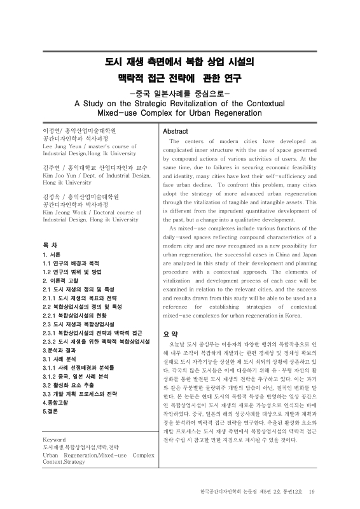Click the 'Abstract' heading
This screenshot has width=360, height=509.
point(176,131)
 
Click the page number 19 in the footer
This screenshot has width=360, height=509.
point(311,491)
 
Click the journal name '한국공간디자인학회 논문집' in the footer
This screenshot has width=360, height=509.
point(226,491)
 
